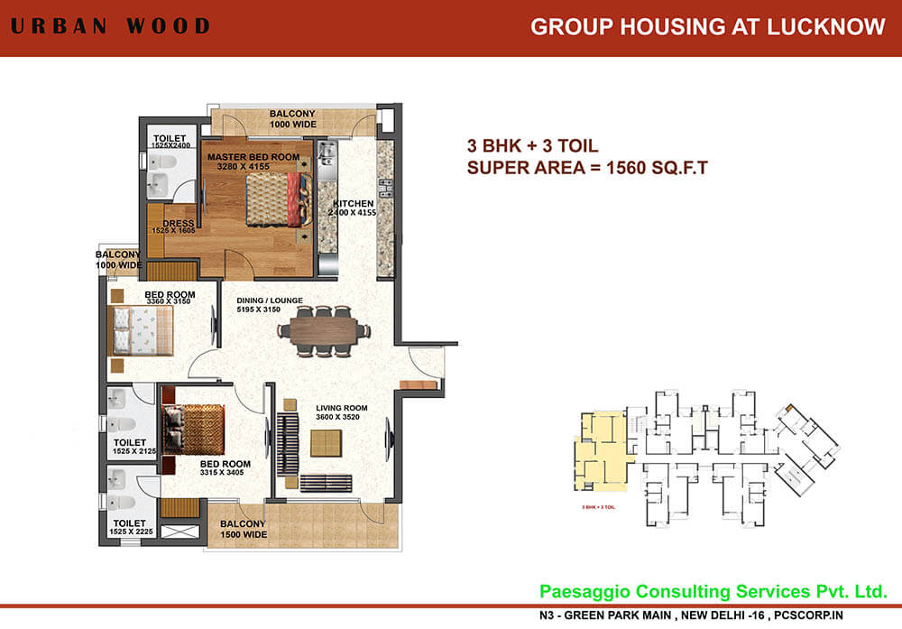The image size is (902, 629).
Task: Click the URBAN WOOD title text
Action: coord(109,26)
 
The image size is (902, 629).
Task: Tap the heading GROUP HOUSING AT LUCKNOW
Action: coord(707,27)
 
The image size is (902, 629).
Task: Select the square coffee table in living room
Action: coord(326,443)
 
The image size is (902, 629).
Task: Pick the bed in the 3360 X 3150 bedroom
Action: coord(140,330)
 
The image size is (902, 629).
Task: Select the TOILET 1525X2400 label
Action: coord(169,142)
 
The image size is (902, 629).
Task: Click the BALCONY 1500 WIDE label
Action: coord(244,530)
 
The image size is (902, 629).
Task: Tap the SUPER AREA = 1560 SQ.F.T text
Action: coord(586,167)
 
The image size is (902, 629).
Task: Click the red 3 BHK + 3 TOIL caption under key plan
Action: coord(600,510)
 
